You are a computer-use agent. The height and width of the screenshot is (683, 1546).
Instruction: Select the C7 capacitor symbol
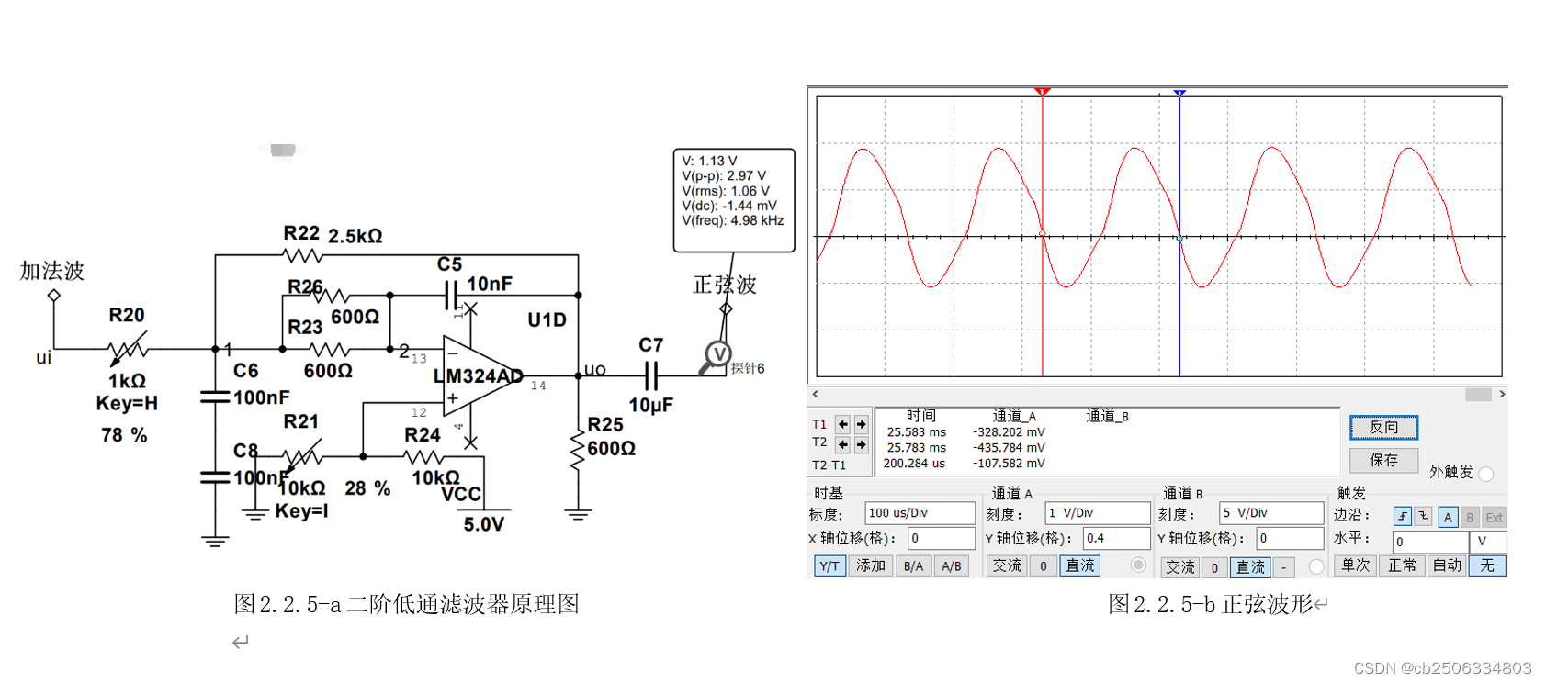click(651, 375)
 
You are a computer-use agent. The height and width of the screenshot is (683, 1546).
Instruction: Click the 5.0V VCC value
click(483, 524)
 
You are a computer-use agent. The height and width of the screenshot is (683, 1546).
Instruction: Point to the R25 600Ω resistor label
click(611, 437)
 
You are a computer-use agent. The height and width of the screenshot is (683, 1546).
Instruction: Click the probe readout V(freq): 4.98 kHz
click(732, 220)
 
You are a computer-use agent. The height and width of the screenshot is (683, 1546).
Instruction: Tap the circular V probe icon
click(717, 354)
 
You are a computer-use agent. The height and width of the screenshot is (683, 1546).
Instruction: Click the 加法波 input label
click(52, 271)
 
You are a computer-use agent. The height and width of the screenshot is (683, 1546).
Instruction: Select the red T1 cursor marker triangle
click(1042, 92)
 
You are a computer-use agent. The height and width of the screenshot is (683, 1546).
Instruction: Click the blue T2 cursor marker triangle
click(1179, 93)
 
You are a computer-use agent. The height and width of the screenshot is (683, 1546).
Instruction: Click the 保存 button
click(1383, 460)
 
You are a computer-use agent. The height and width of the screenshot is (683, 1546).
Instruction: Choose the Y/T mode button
click(829, 565)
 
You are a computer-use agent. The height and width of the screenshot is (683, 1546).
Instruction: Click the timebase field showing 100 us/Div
click(919, 513)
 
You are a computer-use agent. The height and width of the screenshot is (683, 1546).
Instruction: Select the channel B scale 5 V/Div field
click(1270, 513)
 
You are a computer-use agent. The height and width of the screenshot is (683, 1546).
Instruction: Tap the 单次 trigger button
click(1356, 565)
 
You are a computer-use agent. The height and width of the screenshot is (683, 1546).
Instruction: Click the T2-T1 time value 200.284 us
click(914, 464)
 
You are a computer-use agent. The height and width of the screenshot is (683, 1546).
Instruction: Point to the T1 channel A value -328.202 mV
click(1009, 432)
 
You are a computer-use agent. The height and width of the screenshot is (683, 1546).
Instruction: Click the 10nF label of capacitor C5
click(490, 284)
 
